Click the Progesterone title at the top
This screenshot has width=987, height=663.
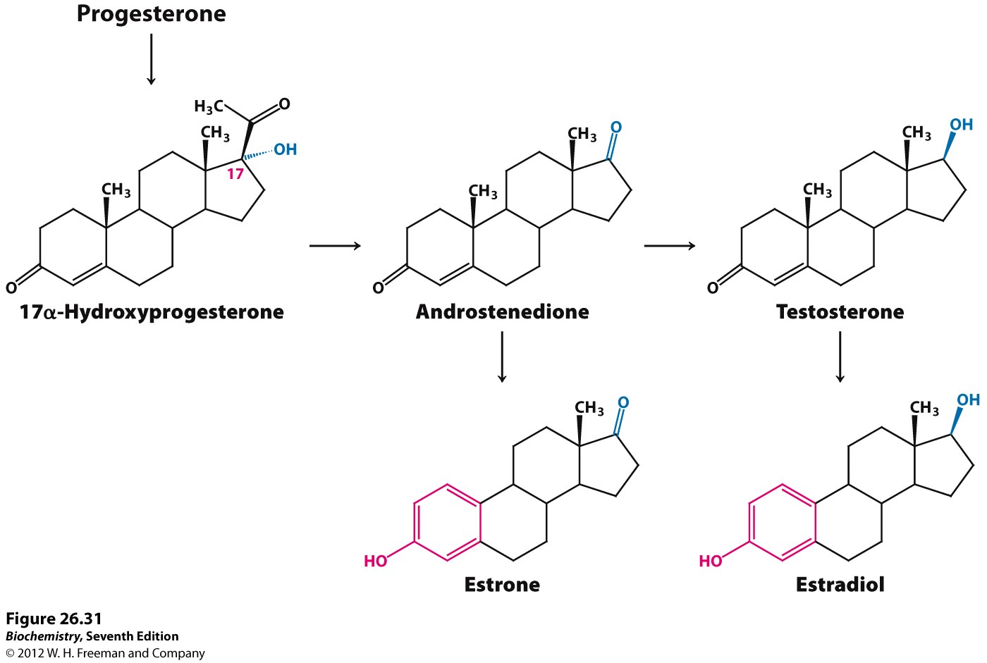tap(151, 14)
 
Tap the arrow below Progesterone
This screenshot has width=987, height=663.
tap(151, 59)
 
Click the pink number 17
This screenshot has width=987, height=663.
tap(235, 174)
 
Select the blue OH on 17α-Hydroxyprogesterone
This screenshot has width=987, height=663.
tap(286, 149)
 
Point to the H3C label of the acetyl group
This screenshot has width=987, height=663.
tap(209, 106)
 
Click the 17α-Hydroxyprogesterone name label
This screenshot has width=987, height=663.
tap(152, 312)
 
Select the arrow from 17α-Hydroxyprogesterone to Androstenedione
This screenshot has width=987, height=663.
tap(336, 246)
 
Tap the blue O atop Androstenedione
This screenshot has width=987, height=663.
tap(616, 128)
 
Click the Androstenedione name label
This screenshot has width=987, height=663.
tap(502, 311)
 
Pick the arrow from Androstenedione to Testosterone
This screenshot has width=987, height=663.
tap(670, 246)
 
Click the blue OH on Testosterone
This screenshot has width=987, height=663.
tap(961, 125)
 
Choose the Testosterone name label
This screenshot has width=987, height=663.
tap(840, 311)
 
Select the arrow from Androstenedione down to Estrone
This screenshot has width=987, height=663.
tap(502, 357)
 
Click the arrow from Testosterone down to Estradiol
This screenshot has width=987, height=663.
tap(840, 357)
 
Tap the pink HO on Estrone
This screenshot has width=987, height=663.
tap(375, 561)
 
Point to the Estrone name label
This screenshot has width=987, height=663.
tap(502, 585)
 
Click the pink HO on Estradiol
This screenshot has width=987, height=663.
tap(711, 561)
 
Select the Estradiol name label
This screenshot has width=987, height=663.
tap(840, 585)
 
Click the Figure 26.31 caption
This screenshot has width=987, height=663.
tap(54, 619)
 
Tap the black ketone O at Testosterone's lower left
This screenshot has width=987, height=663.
tap(713, 288)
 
